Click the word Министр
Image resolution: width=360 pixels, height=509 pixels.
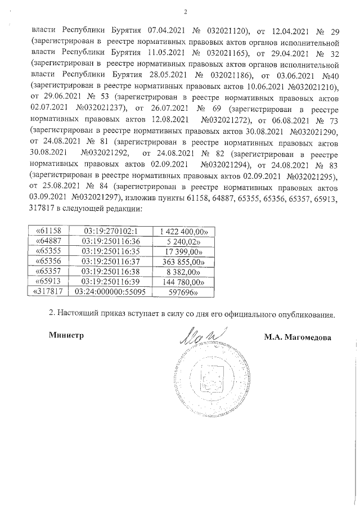click(66, 336)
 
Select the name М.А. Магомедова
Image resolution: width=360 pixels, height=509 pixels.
click(297, 337)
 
